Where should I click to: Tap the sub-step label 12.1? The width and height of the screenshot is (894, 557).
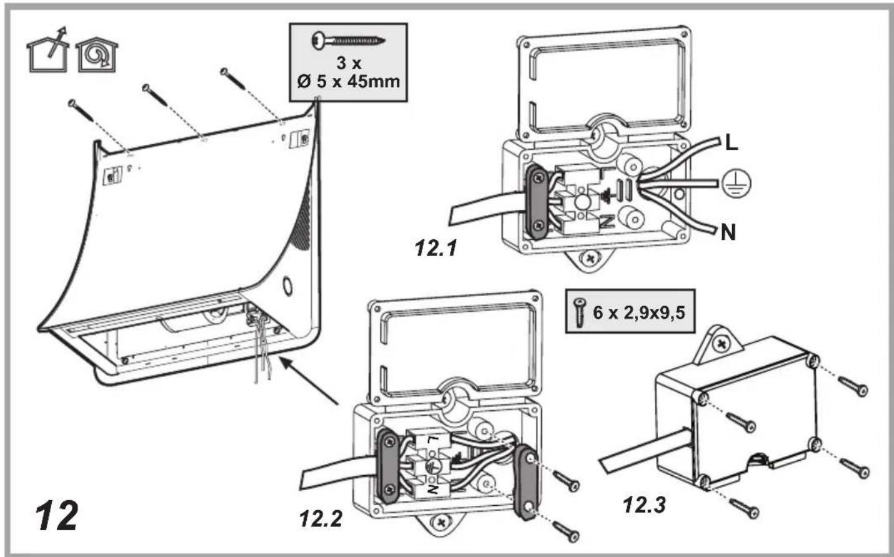point(435,248)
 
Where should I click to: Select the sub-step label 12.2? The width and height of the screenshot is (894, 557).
point(321,519)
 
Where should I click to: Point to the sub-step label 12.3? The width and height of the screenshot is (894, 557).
point(644,505)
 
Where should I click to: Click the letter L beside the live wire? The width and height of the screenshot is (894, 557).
point(731,143)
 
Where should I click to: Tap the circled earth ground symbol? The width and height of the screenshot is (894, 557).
point(736,184)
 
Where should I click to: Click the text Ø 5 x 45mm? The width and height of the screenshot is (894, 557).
point(348,82)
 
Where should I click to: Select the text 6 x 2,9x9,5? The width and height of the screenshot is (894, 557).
point(639,312)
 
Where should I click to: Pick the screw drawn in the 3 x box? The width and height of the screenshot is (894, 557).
point(348,40)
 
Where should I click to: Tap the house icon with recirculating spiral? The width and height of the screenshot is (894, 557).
point(97,55)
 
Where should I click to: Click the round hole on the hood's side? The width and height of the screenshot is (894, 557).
point(287,287)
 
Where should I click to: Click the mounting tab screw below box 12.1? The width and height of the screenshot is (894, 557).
point(589,258)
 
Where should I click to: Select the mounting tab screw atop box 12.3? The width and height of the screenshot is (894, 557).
point(722,343)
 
